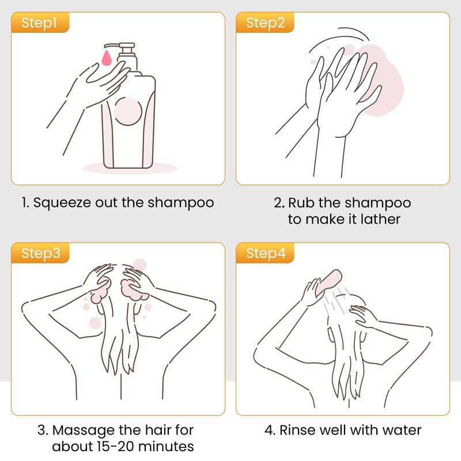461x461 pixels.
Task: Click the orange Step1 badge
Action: point(39,23)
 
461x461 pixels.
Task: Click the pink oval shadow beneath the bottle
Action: point(130,168)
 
